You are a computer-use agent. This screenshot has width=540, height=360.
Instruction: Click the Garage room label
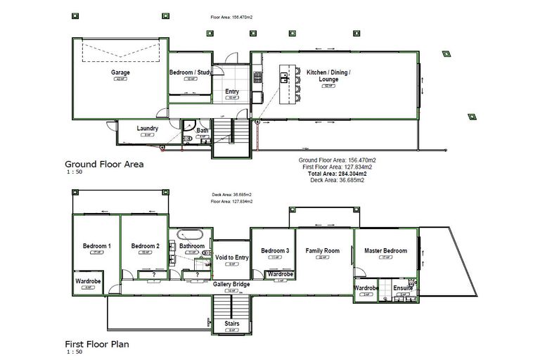120,72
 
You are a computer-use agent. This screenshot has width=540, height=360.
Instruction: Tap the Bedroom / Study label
191,72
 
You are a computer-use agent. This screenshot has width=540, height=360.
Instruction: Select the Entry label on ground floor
231,91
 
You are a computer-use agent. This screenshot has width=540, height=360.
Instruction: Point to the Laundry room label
147,129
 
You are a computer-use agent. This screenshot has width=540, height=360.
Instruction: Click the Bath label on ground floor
202,130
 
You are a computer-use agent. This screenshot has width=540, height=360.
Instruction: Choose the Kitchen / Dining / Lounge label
328,76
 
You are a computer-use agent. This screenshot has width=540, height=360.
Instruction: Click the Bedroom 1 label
96,246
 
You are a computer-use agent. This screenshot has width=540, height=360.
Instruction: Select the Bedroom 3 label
275,251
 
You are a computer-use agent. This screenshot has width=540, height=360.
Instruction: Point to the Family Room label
323,251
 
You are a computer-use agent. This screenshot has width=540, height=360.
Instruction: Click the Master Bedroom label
385,251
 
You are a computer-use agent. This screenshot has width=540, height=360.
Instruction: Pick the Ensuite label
403,288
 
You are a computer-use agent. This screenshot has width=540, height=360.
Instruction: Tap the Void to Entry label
232,258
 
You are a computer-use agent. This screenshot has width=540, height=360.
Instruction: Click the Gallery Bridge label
231,284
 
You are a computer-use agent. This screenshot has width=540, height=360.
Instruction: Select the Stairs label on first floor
231,324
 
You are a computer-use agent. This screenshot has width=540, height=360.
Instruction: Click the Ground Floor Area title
104,164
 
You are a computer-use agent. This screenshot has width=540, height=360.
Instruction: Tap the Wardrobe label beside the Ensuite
366,288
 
